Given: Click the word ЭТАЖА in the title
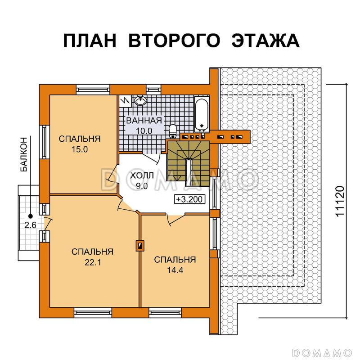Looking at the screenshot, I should pos(265,40).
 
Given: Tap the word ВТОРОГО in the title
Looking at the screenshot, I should pos(175,40).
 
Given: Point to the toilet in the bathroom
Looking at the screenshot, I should pos(173,131).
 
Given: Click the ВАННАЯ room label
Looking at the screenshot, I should pos(144,121).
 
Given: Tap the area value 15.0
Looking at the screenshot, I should pos(79,150).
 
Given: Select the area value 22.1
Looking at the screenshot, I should pos(92,262).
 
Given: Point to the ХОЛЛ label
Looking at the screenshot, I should pos(142,175).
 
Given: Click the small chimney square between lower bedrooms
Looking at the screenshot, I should pos(140,245).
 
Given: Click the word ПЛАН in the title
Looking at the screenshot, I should pos(90,40).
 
